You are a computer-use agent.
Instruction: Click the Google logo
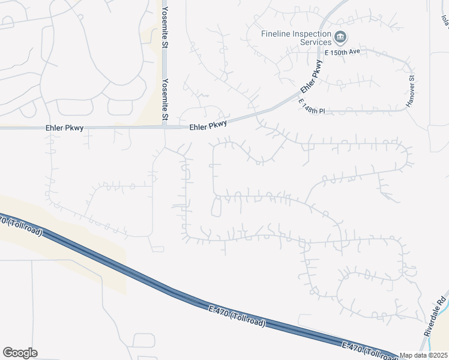tap(20, 353)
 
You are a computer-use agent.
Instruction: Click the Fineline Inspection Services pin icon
tap(340, 38)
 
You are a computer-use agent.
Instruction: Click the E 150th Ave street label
tap(342, 52)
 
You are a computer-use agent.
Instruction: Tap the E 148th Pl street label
tap(311, 106)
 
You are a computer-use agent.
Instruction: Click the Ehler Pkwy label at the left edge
tap(64, 128)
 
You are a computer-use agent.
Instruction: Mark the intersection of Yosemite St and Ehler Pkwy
tap(164, 127)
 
